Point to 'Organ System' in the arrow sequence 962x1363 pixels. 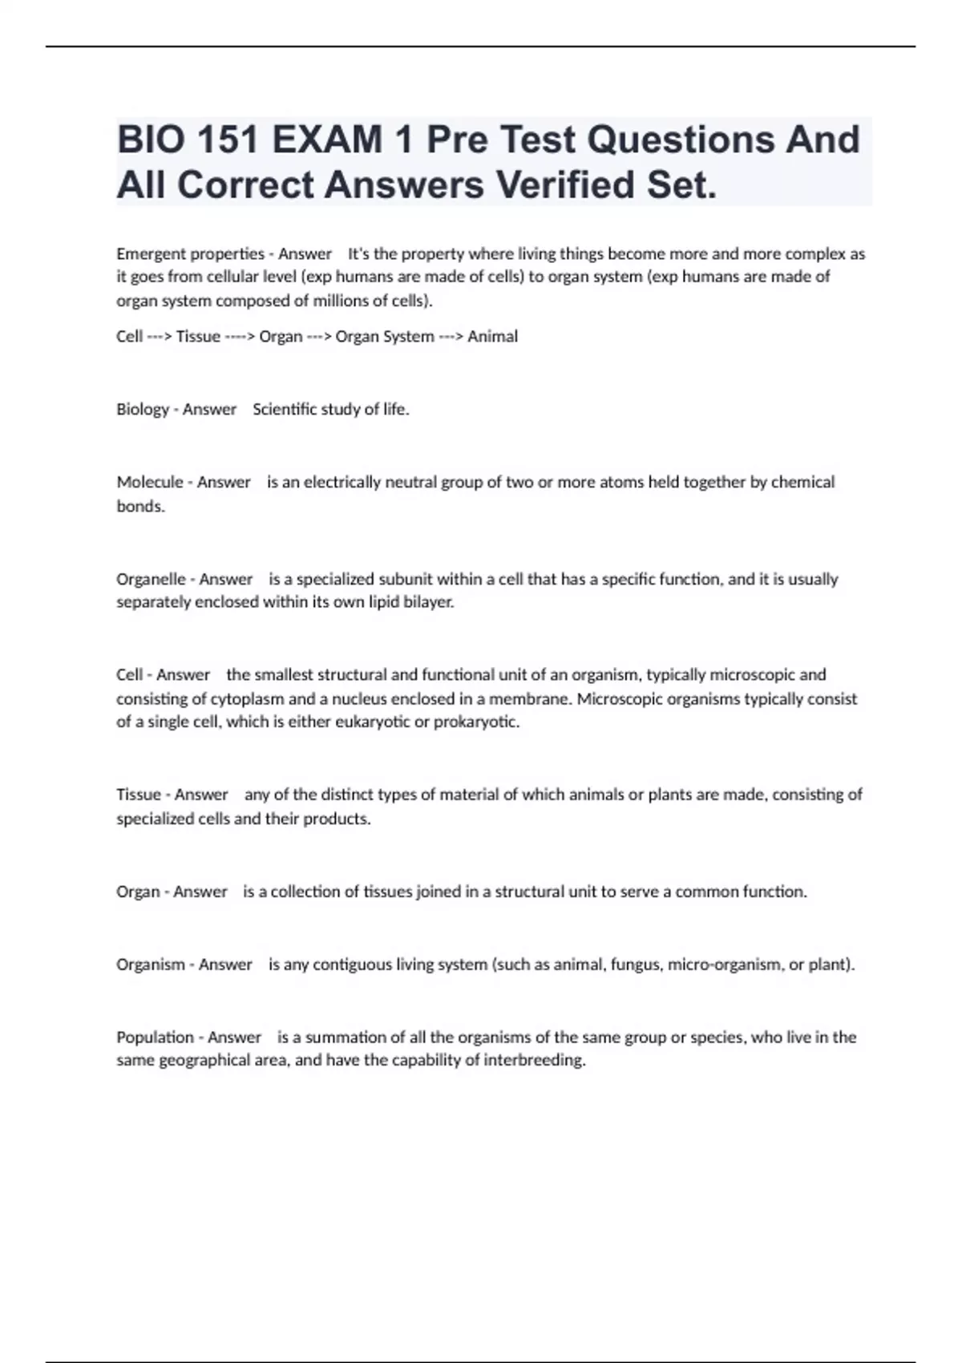click(385, 337)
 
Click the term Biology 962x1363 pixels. click(143, 410)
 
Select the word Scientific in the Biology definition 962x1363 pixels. click(286, 410)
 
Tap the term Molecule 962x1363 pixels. click(150, 482)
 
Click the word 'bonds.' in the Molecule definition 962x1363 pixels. click(140, 507)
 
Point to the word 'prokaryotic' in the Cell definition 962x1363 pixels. click(476, 722)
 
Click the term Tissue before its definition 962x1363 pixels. click(139, 795)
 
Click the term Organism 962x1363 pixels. click(151, 965)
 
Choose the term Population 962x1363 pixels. click(156, 1037)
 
